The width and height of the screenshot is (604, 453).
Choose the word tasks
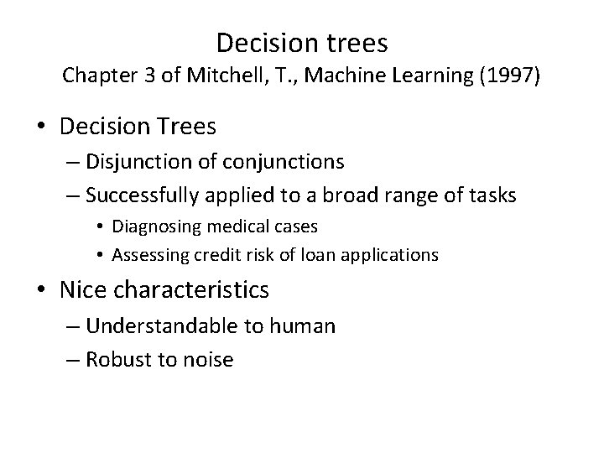[x=492, y=195]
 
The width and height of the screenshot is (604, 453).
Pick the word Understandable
[x=162, y=326]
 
